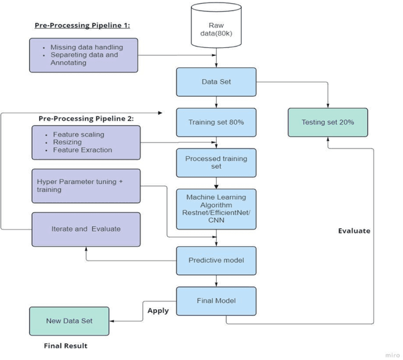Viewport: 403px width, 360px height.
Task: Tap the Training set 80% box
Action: (217, 122)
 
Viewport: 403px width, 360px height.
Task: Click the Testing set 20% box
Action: (327, 121)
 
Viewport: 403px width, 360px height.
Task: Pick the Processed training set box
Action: (217, 162)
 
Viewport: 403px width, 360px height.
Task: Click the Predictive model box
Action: (217, 259)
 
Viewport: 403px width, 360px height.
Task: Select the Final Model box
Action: (217, 300)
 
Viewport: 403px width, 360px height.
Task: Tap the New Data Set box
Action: (69, 320)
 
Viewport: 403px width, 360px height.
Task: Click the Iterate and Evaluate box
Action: (86, 229)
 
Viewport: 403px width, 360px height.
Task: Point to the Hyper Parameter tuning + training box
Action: (86, 185)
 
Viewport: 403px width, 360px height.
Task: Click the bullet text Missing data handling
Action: (88, 47)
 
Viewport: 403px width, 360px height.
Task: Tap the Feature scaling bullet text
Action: (79, 134)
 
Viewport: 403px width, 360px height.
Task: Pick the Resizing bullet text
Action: (68, 142)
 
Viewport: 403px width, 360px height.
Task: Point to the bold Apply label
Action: (158, 310)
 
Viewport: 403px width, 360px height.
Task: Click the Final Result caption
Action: (65, 346)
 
